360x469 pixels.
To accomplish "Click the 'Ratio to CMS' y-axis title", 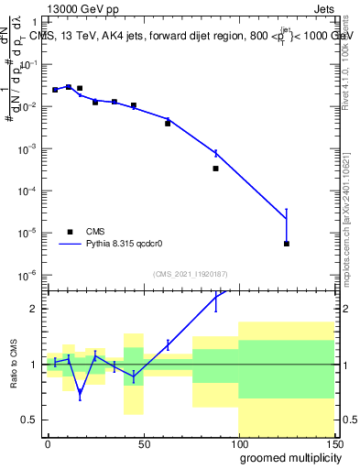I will point(14,364).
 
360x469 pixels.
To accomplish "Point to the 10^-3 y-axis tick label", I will point(27,148).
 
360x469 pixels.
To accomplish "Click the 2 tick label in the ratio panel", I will point(34,309).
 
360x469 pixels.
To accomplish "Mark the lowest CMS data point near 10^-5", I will point(287,244).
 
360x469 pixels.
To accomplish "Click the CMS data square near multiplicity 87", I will point(215,169).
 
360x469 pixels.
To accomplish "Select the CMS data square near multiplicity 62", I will point(168,123).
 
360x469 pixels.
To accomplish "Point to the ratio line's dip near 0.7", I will point(80,395).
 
